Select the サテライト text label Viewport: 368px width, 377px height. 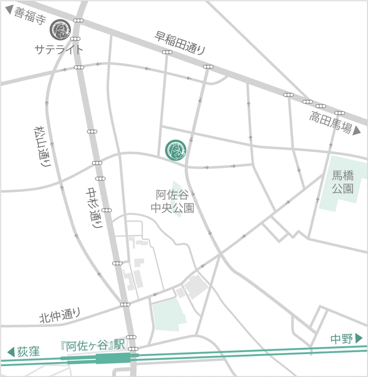tap(59, 49)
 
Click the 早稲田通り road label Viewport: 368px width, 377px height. tap(180, 43)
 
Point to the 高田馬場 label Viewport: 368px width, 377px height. tap(330, 122)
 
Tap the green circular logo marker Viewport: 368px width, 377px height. tap(175, 150)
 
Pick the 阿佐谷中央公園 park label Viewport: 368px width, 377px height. tap(173, 201)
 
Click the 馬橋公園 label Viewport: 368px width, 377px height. tap(342, 181)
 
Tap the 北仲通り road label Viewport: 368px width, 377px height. tap(60, 315)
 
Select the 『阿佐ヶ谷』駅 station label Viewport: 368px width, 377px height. tap(93, 345)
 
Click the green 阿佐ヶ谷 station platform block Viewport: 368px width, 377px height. tap(113, 358)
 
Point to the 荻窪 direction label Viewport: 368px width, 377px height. tap(29, 351)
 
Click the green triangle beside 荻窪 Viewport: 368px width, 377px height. tap(11, 351)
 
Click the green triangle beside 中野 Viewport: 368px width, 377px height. tap(359, 338)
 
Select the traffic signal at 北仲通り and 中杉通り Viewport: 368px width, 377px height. tap(125, 305)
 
